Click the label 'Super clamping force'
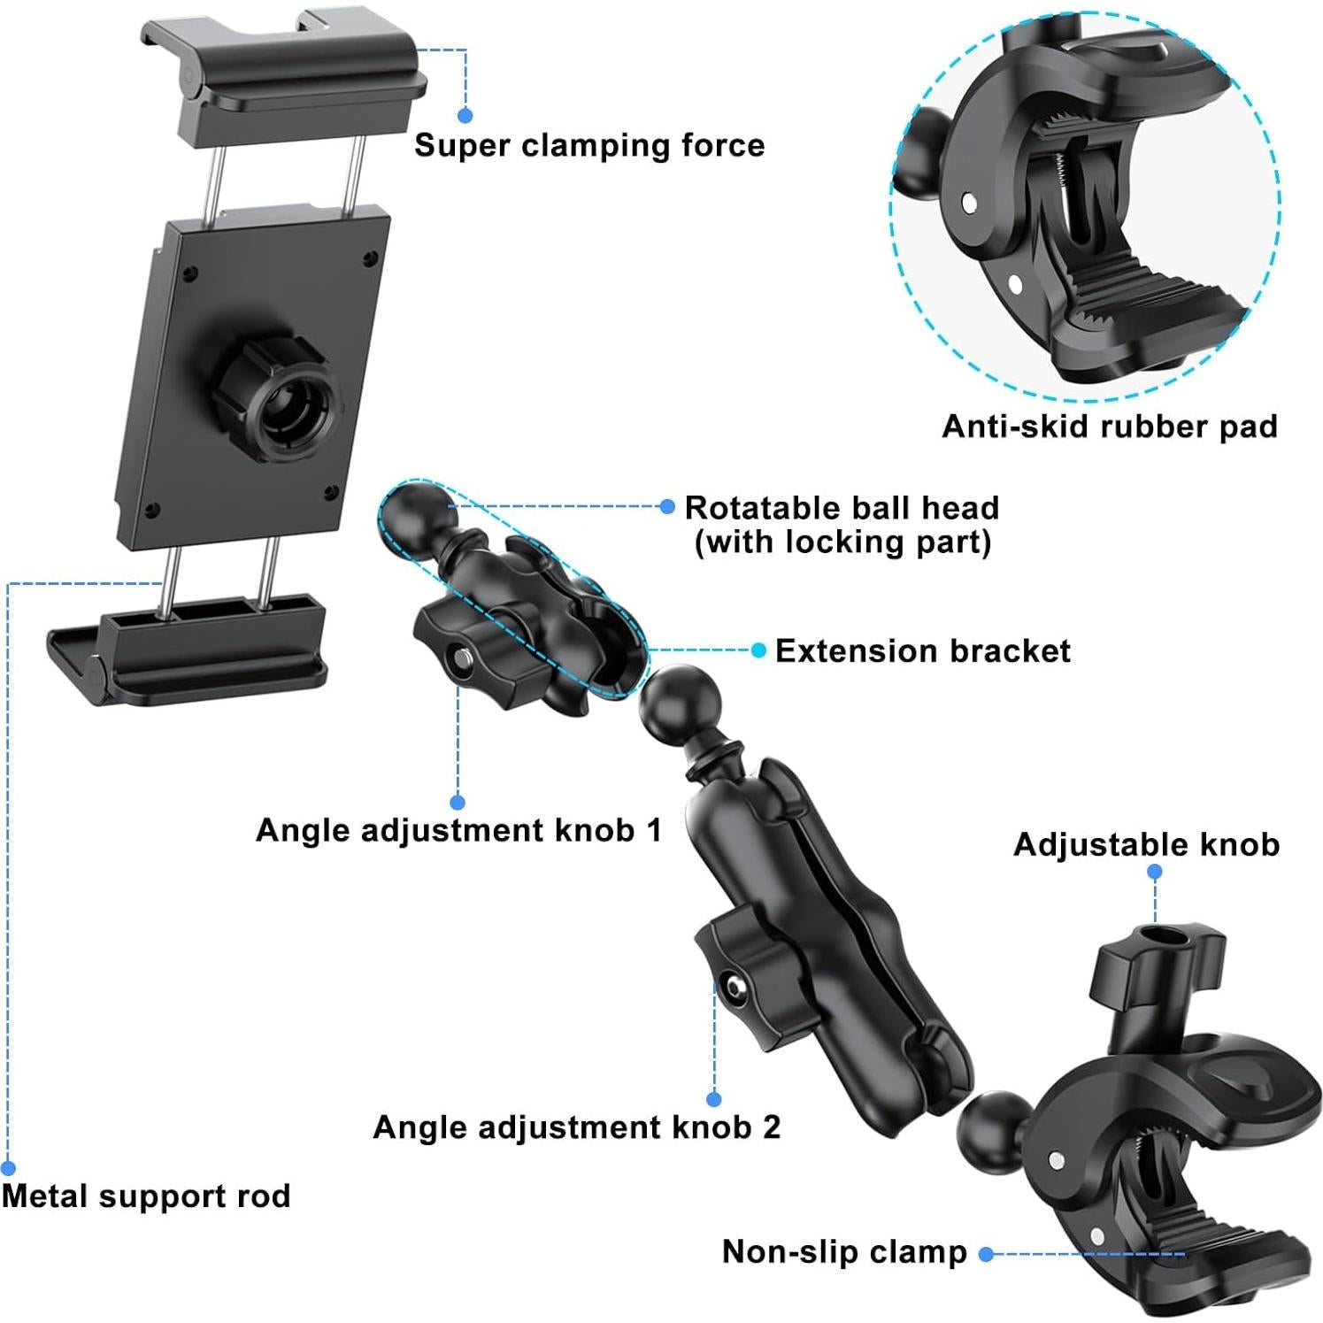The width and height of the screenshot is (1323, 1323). pyautogui.click(x=589, y=145)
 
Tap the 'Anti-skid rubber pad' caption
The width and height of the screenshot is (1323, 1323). pyautogui.click(x=1109, y=427)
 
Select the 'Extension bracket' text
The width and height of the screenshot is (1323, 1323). pyautogui.click(x=922, y=651)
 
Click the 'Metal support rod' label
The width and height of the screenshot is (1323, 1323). pyautogui.click(x=146, y=1196)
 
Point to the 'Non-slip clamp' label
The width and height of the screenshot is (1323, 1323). pyautogui.click(x=844, y=1252)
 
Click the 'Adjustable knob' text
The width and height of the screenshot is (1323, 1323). pyautogui.click(x=1146, y=845)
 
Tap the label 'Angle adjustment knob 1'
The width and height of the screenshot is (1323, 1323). pyautogui.click(x=458, y=831)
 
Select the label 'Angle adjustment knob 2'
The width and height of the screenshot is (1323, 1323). pyautogui.click(x=577, y=1127)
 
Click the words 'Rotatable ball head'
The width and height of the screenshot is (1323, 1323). pyautogui.click(x=842, y=508)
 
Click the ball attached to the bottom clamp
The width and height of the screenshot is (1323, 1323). pyautogui.click(x=992, y=1127)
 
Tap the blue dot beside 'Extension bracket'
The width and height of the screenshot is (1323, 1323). pyautogui.click(x=758, y=650)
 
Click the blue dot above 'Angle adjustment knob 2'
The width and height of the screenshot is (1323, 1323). pyautogui.click(x=714, y=1099)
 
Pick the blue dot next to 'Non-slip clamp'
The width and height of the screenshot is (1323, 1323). pyautogui.click(x=986, y=1253)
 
